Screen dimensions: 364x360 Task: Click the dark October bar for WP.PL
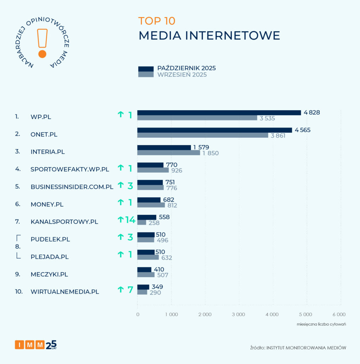[219, 113]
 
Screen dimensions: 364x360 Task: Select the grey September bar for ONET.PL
[203, 135]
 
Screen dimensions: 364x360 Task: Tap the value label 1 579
[201, 147]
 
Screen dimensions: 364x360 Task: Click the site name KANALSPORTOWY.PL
[64, 222]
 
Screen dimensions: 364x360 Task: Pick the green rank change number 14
[130, 220]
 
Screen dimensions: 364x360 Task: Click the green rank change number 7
[130, 290]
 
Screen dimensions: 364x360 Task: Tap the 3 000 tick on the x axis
[238, 315]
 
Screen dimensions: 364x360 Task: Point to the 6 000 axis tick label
[339, 315]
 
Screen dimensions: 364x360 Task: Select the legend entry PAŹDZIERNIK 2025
[186, 68]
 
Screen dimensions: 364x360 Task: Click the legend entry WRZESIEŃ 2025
[182, 75]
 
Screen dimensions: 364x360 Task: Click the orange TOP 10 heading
[157, 21]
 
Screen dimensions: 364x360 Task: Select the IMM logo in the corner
[36, 344]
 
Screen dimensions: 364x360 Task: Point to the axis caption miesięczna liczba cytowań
[321, 324]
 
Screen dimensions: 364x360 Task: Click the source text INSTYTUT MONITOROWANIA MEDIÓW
[306, 348]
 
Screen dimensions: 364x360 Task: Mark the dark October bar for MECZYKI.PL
[144, 269]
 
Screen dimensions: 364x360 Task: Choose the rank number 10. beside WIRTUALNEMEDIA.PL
[19, 292]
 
